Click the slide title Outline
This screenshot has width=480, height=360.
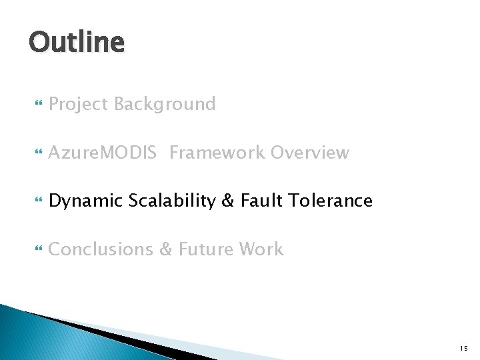coord(77,43)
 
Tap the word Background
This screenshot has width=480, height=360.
coord(165,105)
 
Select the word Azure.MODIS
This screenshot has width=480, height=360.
coord(103,153)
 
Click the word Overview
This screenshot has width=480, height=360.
coord(309,153)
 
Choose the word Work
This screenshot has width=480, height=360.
coord(261,249)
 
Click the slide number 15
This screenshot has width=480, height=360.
coord(463,348)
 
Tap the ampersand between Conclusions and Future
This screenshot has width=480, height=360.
coord(165,249)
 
